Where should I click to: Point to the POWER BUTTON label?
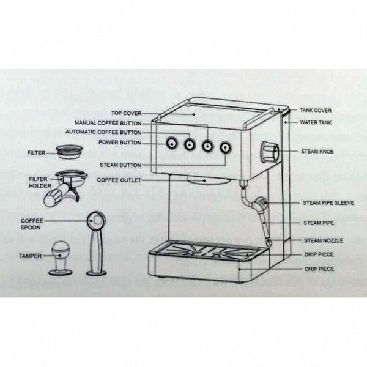click(120, 143)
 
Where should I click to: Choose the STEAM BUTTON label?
click(120, 165)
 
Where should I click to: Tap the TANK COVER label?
click(316, 111)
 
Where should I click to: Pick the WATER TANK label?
click(316, 122)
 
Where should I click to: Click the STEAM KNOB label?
click(316, 150)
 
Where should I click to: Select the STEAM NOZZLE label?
click(319, 240)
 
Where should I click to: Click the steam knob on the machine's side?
click(270, 150)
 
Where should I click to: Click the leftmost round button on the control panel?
click(172, 144)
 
